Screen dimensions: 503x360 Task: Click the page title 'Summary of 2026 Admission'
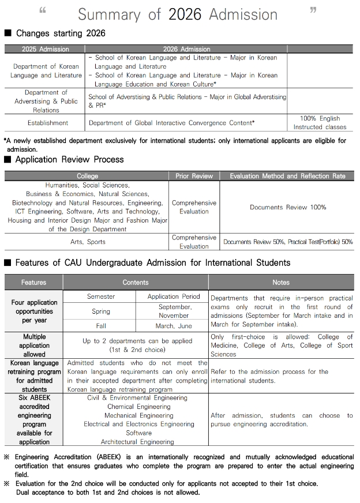(x=177, y=14)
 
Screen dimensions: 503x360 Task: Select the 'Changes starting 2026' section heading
(x=61, y=33)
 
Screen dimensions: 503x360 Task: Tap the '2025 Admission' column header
(x=46, y=49)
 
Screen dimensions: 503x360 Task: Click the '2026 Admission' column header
(x=187, y=49)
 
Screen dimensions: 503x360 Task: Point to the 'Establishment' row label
(x=48, y=123)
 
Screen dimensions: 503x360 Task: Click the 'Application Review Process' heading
(x=69, y=159)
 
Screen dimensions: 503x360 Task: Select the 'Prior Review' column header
(x=194, y=176)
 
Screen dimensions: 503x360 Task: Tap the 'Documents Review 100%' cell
(x=288, y=207)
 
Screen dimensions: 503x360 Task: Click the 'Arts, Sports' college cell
(x=88, y=242)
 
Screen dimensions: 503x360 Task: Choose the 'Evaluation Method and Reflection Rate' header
(x=287, y=176)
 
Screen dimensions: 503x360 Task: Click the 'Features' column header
(x=34, y=283)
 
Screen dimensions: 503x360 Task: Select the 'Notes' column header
(x=281, y=283)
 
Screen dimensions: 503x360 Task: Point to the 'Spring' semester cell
(x=101, y=311)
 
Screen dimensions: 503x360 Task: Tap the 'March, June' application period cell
(x=174, y=326)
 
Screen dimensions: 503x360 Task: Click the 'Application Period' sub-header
(x=174, y=296)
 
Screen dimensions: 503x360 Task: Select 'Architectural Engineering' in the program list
(x=137, y=442)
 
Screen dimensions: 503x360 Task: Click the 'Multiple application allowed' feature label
(x=35, y=345)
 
